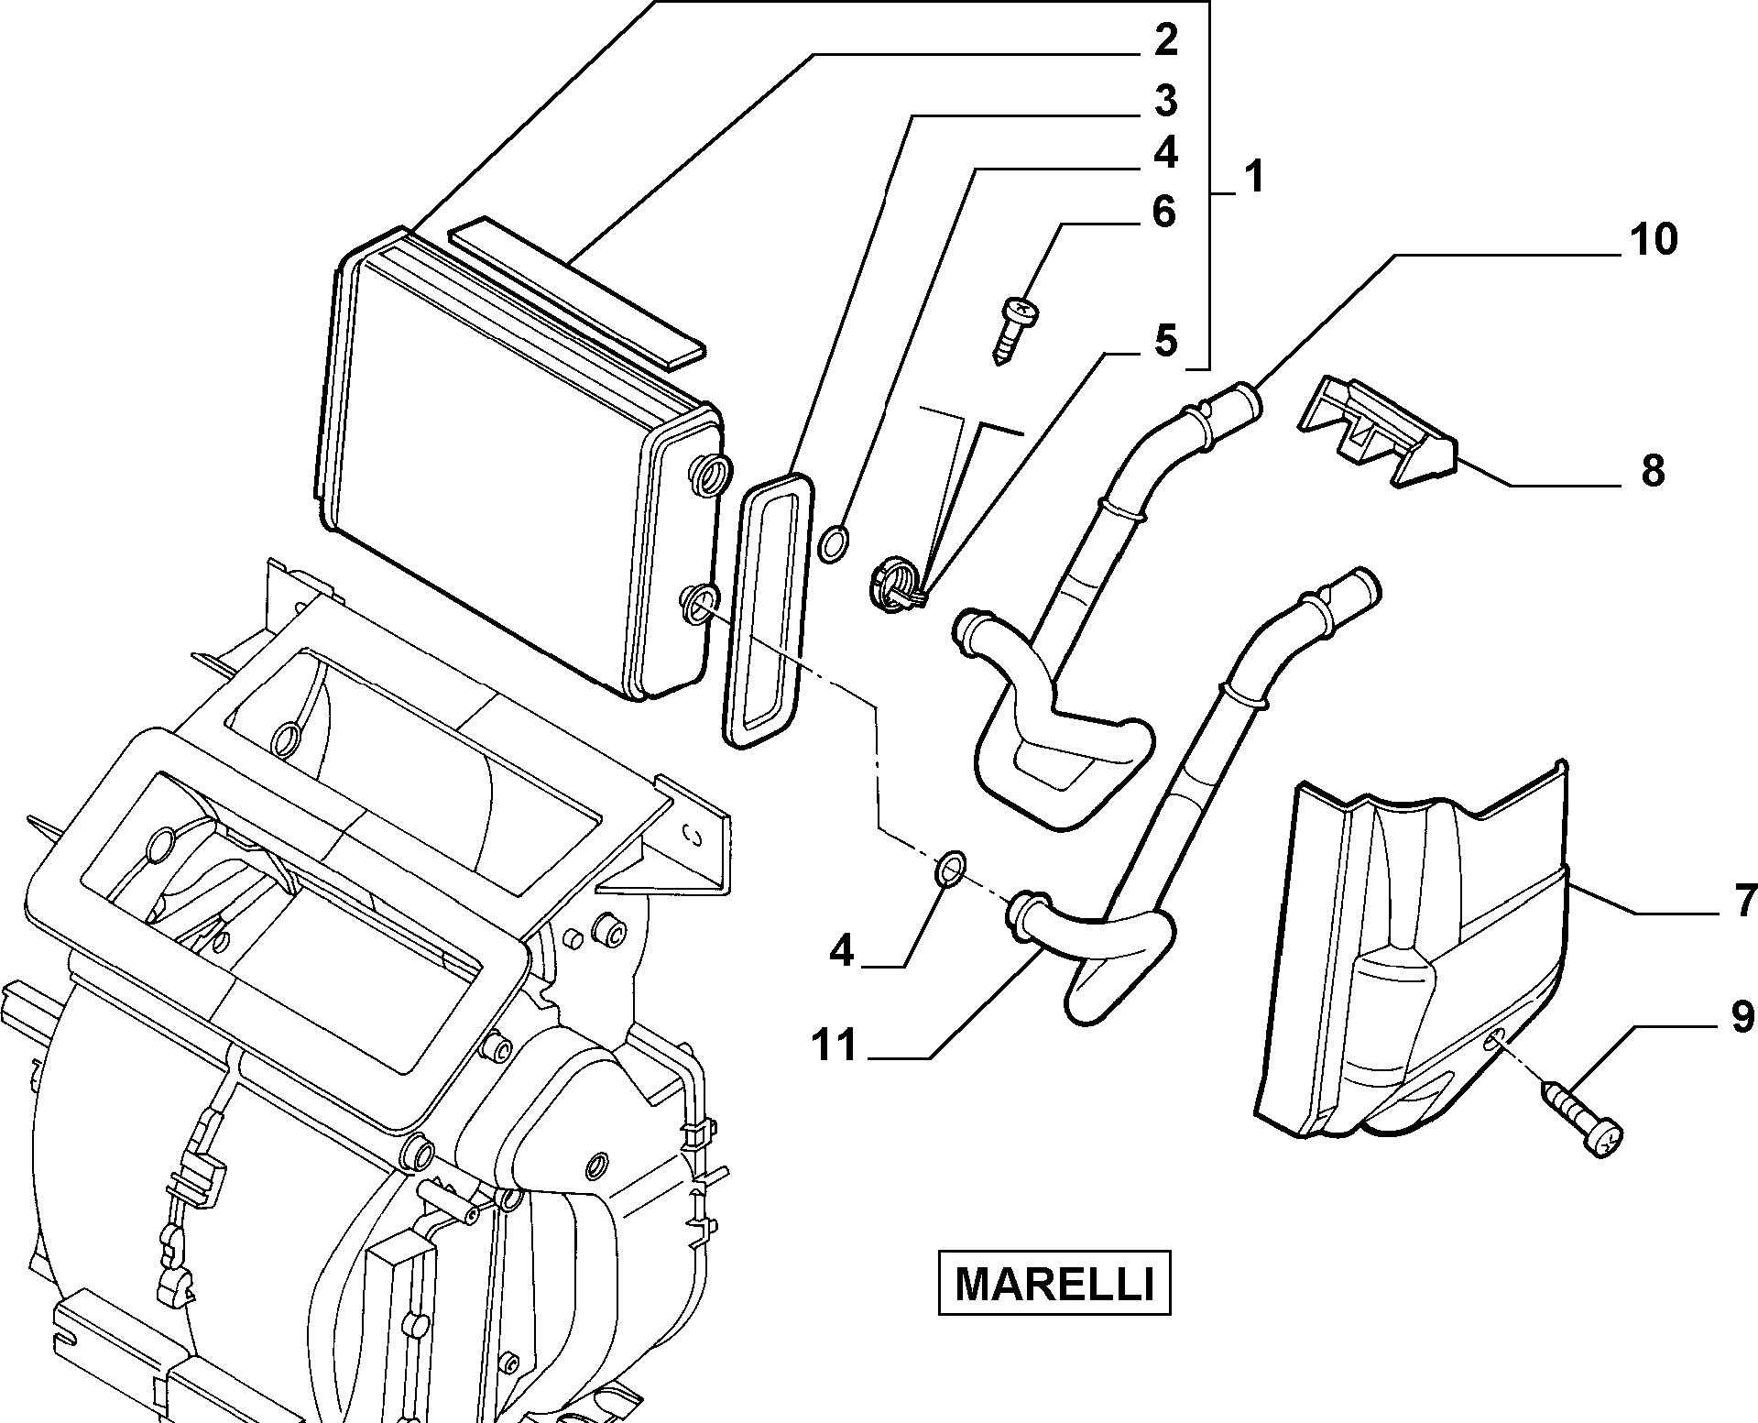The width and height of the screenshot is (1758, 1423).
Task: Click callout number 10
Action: click(1652, 240)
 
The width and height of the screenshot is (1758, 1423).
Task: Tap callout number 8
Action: click(1652, 472)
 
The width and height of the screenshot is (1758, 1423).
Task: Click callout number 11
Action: click(835, 1045)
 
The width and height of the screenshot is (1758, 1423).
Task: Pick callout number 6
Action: click(1163, 213)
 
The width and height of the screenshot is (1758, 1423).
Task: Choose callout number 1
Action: click(1254, 177)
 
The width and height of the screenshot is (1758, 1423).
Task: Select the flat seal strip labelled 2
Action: click(577, 291)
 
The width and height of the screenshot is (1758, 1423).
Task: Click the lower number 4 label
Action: click(841, 953)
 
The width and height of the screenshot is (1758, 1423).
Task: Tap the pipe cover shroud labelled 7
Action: click(1411, 962)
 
